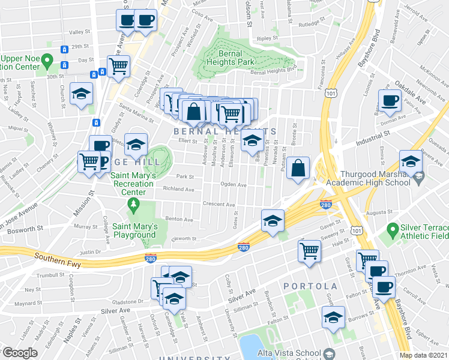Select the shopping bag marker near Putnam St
(x=298, y=169)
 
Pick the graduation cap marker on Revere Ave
(x=411, y=162)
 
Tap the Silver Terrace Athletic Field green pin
(x=393, y=229)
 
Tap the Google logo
(x=19, y=353)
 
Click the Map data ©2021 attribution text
(x=424, y=355)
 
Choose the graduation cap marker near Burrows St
(x=333, y=317)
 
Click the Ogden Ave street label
(x=234, y=185)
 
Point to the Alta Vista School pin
(x=329, y=353)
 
